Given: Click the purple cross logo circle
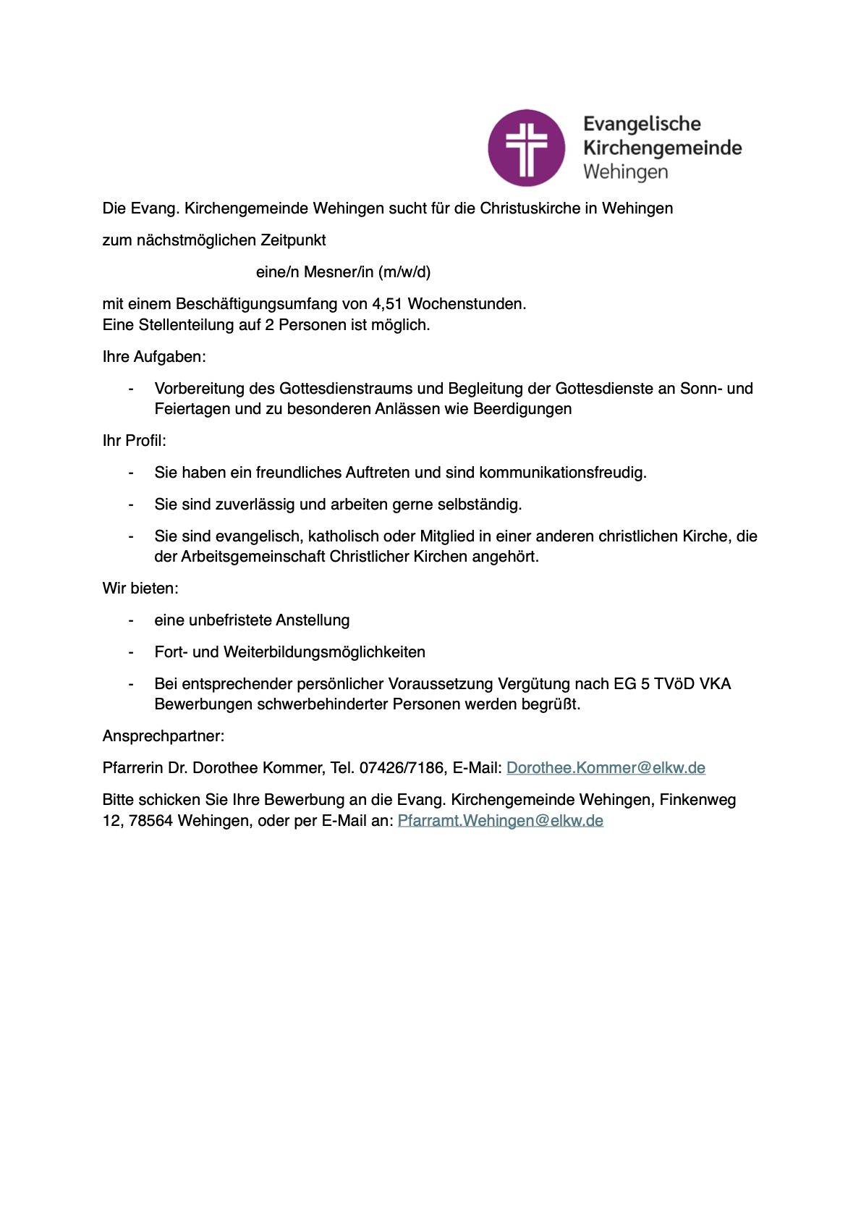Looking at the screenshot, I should coord(526,148).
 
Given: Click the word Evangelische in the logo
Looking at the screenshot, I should coord(642,124).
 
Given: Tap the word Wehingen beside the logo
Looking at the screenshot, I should coord(625,172).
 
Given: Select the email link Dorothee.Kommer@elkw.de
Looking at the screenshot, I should coord(606,768).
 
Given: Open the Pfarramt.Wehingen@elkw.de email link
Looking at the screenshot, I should coord(500,821).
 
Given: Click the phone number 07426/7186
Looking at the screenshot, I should coord(402,768).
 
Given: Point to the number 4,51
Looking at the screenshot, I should coord(387,304).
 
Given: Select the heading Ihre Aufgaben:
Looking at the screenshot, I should coord(154,357).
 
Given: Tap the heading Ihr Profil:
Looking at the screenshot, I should coord(135,441).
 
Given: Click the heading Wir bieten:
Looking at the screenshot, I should coord(140,589).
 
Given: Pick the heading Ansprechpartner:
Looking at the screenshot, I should coord(164,736).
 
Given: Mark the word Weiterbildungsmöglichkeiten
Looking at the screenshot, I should coord(324,652).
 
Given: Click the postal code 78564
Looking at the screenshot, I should coord(150,821).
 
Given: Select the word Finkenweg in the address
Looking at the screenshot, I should coord(697,800).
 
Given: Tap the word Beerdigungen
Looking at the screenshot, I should coord(522,409).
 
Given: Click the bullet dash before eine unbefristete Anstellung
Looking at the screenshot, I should coord(131,620).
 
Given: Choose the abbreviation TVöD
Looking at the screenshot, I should coord(674,684).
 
